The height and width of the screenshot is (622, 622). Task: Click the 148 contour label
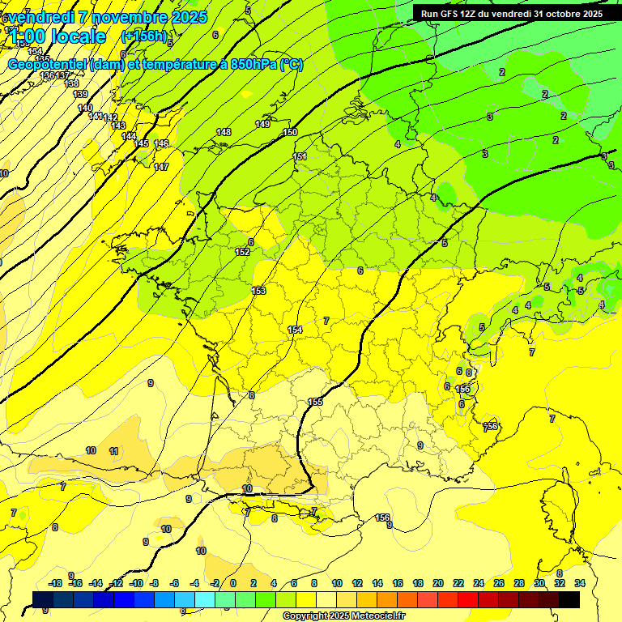coord(224,132)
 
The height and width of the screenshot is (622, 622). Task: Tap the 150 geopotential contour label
coord(290,132)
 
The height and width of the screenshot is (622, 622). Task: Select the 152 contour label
coord(242,252)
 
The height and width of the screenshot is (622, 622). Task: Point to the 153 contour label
coord(258,291)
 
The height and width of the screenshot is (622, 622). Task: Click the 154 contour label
coord(296,330)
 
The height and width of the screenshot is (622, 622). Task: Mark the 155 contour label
coord(315,402)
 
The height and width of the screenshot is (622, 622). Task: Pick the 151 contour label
coord(300,156)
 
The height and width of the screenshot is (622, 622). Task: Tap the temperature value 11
coord(114,451)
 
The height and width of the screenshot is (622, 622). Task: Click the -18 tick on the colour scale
coord(56,583)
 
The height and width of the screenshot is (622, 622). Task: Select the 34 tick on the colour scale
coord(580,583)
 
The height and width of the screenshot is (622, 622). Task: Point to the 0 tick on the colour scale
coord(232,583)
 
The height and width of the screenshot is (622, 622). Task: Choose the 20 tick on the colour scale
coord(438,583)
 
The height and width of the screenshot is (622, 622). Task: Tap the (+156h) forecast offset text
coord(143,36)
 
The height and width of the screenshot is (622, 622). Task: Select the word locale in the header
coord(78,36)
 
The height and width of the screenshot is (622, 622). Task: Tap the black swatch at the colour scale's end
coord(569,599)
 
